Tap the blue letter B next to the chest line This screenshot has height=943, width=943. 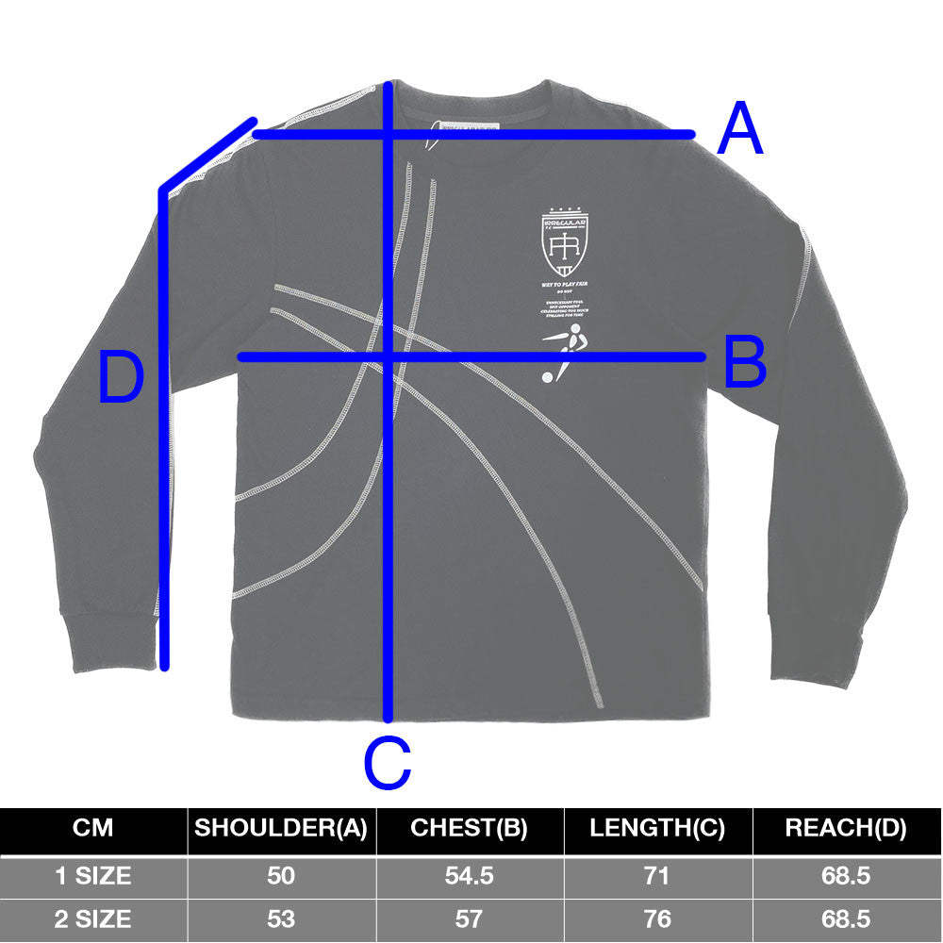745,363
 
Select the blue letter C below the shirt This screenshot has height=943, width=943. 388,764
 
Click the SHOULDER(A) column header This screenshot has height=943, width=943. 280,830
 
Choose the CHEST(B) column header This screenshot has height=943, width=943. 469,830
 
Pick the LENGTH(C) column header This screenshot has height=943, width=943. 657,830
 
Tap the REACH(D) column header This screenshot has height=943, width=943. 846,830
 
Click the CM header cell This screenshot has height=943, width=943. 92,830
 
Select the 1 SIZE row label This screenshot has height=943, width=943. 92,876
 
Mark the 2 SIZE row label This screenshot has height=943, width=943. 92,918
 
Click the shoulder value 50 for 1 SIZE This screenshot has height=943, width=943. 280,876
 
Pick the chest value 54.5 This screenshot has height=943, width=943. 469,876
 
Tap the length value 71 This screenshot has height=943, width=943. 657,876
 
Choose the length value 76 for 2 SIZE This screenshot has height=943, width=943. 657,918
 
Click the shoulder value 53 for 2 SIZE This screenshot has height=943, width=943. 280,918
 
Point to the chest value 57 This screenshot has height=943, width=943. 469,918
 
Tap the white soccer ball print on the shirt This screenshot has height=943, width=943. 547,377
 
